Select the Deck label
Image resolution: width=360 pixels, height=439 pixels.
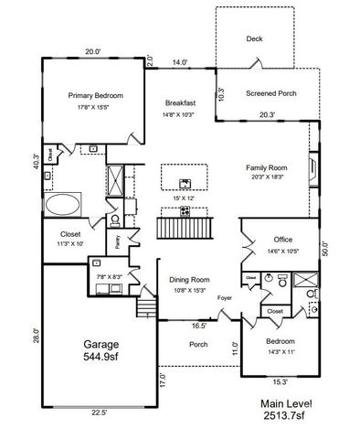pos(254,38)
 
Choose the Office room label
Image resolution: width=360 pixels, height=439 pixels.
pos(282,241)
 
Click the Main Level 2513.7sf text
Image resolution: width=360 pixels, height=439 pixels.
pos(286,408)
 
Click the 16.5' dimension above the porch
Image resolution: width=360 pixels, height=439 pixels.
pos(197,325)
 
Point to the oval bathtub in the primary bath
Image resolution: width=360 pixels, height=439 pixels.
pos(64,203)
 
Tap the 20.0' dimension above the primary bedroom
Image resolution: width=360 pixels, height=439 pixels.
pos(91,52)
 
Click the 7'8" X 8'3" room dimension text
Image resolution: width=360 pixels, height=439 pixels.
pos(109,275)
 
